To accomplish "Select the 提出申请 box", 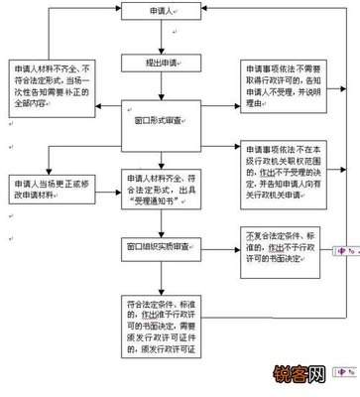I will (x=164, y=62).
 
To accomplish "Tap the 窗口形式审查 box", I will (x=163, y=118).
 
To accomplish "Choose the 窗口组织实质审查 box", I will (x=163, y=243).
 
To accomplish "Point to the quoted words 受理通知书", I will (x=165, y=197).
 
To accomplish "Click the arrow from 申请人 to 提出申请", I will (x=164, y=40).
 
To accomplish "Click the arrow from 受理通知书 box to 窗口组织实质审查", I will (x=164, y=221).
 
